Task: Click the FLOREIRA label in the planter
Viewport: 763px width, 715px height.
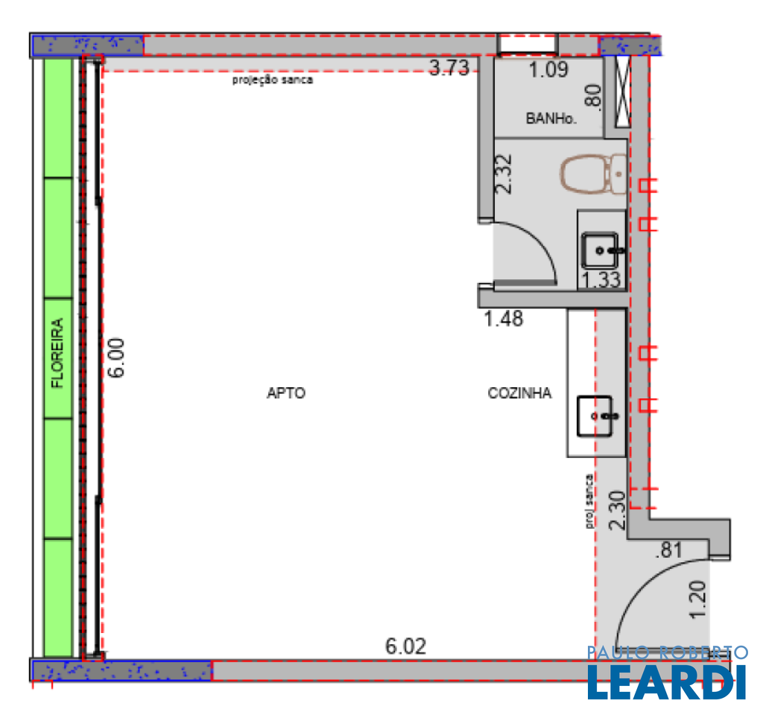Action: (x=57, y=352)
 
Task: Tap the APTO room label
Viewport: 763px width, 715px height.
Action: (x=286, y=393)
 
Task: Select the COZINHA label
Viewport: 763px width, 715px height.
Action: (x=519, y=393)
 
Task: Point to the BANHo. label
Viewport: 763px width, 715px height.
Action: (x=551, y=118)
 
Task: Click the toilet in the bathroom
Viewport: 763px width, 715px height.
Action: (x=593, y=174)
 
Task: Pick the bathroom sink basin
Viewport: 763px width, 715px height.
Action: (x=601, y=250)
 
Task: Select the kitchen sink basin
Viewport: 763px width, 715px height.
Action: (x=595, y=416)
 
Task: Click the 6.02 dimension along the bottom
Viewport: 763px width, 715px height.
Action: (x=406, y=646)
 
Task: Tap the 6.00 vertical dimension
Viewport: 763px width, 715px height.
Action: (x=117, y=358)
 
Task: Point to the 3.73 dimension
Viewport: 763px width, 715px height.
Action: (x=449, y=68)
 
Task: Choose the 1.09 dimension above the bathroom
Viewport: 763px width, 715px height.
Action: (x=548, y=70)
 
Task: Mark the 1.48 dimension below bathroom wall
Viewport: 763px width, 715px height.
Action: (x=504, y=319)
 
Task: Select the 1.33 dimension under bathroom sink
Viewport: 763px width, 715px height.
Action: (x=601, y=280)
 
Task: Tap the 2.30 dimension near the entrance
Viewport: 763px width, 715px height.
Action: (x=618, y=510)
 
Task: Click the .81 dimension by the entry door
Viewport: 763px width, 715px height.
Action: (x=669, y=550)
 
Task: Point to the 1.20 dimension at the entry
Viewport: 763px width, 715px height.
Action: (x=698, y=600)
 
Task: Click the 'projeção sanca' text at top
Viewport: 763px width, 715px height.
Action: (x=273, y=80)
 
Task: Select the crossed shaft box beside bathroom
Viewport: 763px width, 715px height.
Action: (x=623, y=92)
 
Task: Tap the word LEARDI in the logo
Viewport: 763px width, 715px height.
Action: (x=667, y=682)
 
